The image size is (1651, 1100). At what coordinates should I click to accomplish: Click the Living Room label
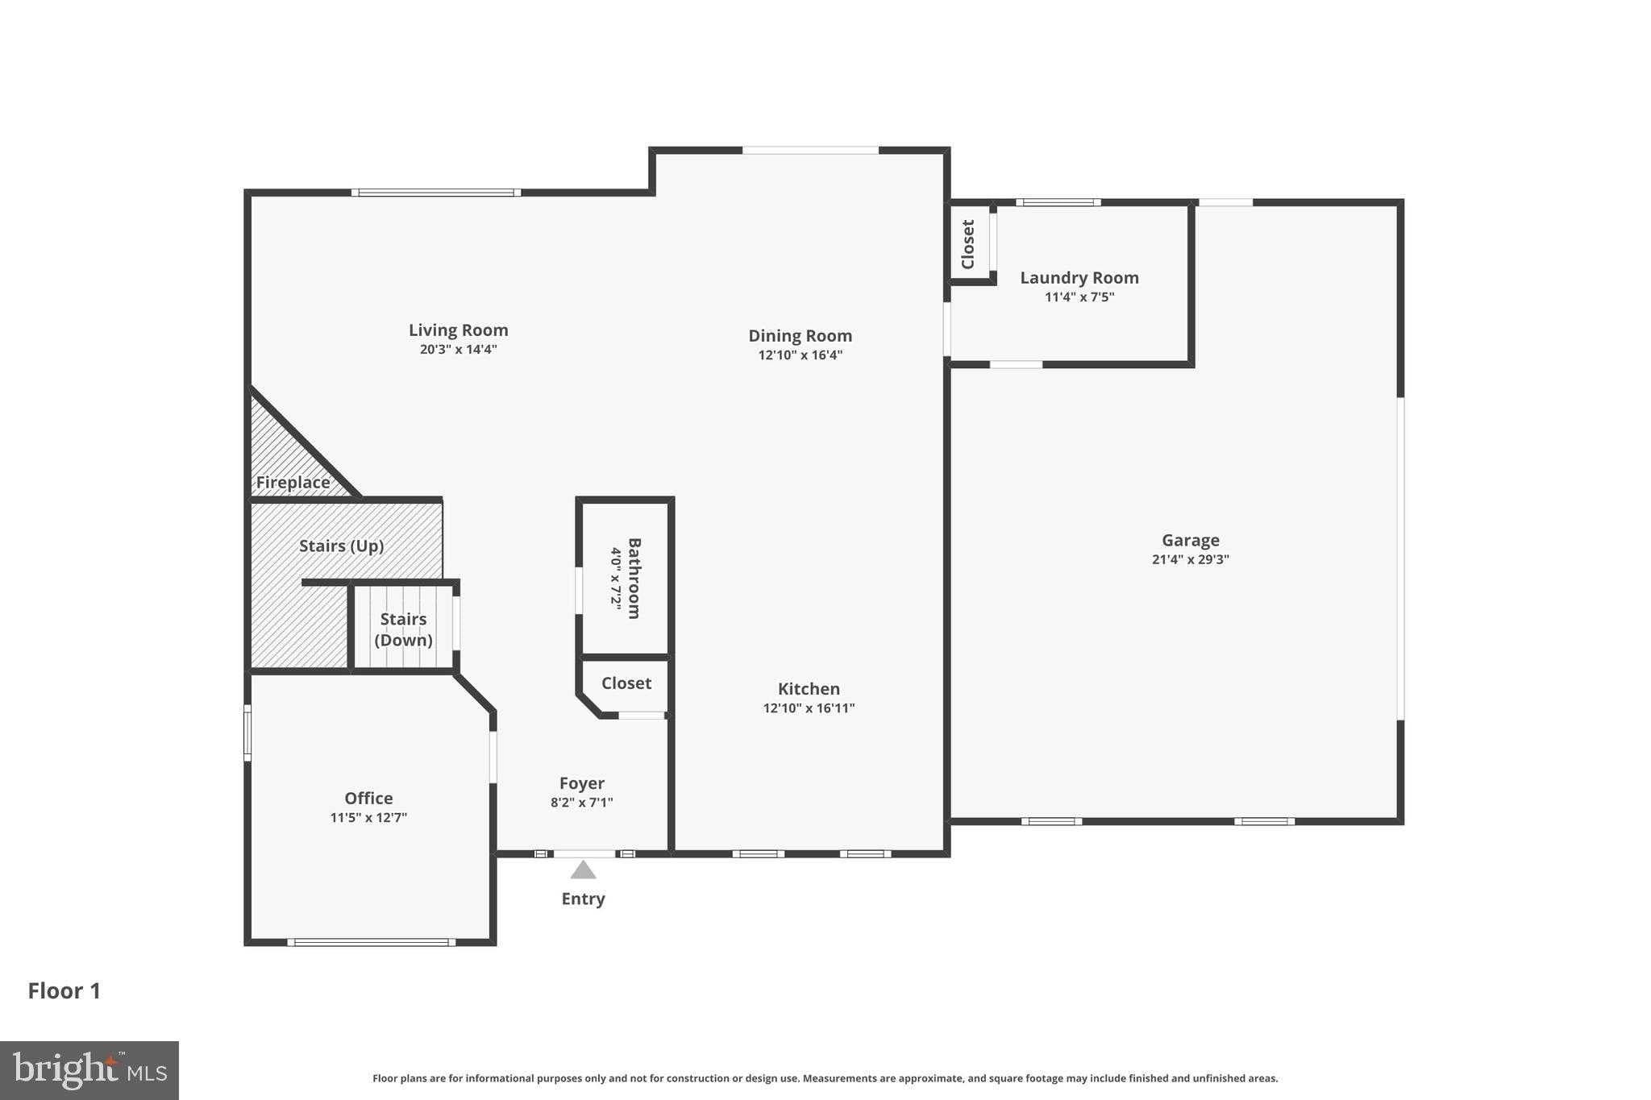point(458,330)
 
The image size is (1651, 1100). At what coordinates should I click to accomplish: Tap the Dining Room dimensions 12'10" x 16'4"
point(801,355)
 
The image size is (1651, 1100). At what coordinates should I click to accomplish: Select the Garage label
point(1191,541)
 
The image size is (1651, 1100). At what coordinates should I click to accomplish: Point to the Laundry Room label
point(1079,278)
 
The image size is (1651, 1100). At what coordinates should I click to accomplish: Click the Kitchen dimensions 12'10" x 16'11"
point(809,708)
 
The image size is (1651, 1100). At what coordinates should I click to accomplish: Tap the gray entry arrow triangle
point(583,870)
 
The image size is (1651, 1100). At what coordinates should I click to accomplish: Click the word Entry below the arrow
point(583,899)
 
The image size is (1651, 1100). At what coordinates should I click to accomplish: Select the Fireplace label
point(293,483)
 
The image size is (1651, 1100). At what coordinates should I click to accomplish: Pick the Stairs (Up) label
point(341,546)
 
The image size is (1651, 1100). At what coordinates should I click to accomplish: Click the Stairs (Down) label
point(404,629)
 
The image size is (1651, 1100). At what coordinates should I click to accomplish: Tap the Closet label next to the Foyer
point(626,683)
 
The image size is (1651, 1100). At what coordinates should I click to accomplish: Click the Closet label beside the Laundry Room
point(968,244)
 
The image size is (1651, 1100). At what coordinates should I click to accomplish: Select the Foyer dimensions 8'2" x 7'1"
point(582,803)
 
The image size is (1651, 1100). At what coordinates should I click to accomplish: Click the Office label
point(368,799)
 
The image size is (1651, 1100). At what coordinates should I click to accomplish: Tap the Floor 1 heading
point(64,991)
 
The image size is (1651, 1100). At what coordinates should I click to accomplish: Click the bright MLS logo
point(89,1071)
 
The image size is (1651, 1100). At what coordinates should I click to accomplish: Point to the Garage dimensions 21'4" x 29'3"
point(1191,560)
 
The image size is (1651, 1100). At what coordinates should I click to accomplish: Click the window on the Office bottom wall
point(371,942)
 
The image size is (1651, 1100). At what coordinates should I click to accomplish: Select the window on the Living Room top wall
point(436,193)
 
